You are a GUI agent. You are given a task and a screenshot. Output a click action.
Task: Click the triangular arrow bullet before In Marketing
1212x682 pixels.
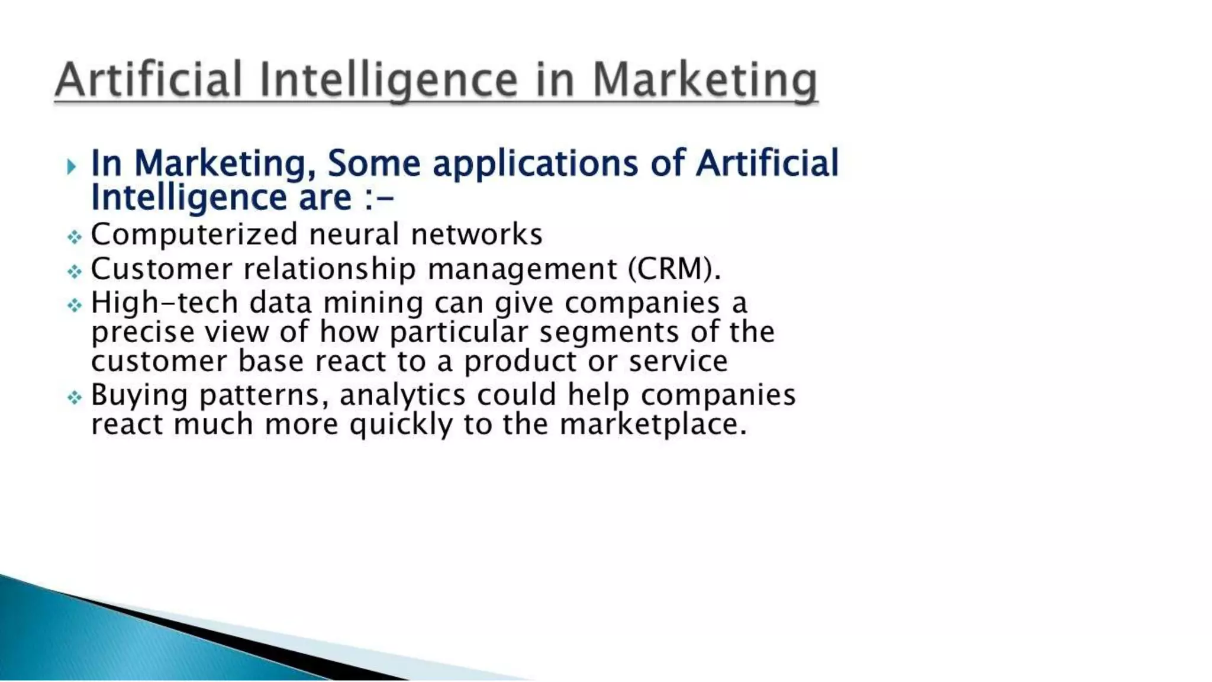click(x=72, y=166)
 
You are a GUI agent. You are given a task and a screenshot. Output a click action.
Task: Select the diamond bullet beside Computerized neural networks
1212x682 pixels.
click(x=74, y=237)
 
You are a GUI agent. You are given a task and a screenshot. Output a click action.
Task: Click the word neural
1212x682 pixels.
click(x=354, y=234)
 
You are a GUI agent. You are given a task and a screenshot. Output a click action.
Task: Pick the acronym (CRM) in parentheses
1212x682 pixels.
click(x=674, y=269)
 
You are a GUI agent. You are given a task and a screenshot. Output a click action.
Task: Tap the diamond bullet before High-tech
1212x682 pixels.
click(x=74, y=305)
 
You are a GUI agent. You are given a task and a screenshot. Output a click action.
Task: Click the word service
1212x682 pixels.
click(x=678, y=361)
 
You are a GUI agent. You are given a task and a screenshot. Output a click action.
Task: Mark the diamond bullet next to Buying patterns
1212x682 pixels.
click(x=74, y=397)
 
